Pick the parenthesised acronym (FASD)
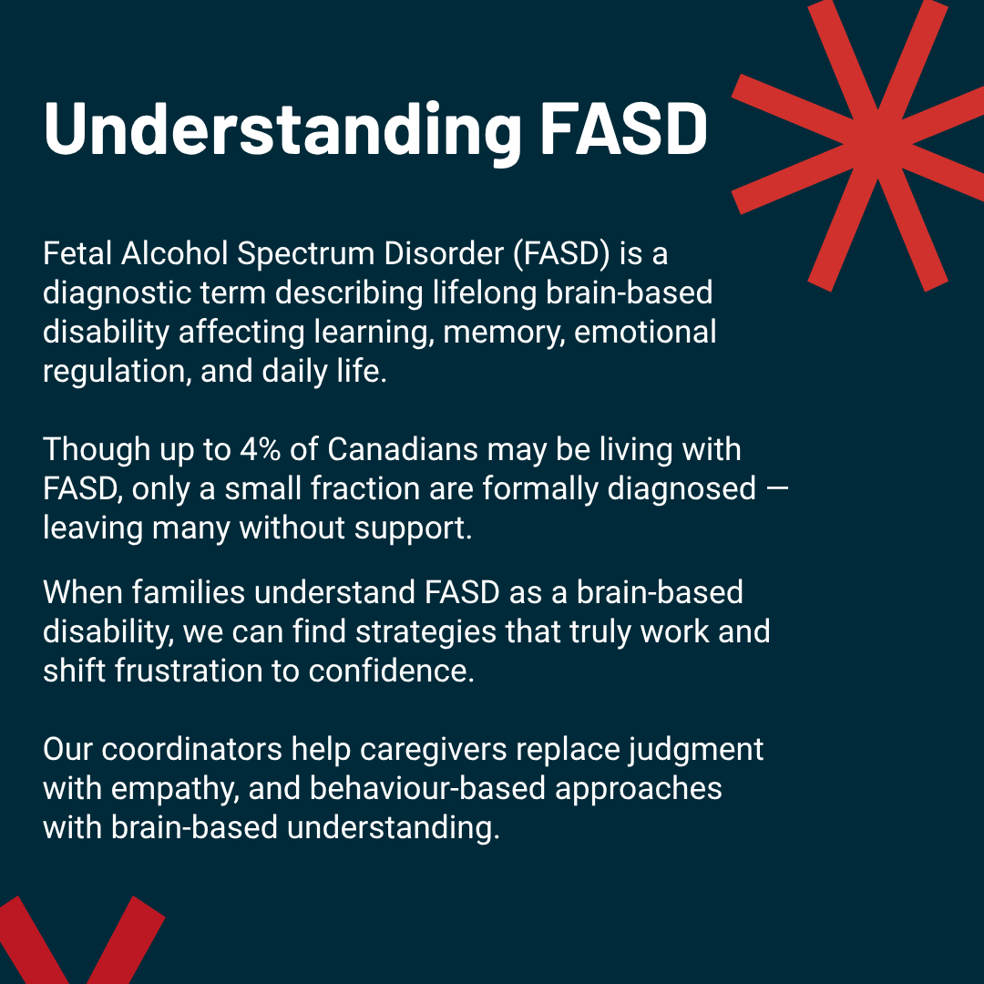(561, 253)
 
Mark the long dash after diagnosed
(775, 489)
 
